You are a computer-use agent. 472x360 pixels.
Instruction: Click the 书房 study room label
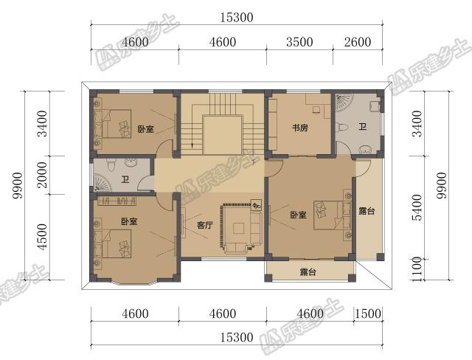pos(300,128)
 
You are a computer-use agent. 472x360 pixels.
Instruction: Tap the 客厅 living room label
pos(205,225)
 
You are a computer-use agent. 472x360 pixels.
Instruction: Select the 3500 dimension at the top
pos(299,42)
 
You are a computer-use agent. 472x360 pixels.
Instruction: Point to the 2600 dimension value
pos(358,42)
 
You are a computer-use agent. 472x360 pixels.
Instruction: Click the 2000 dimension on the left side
pos(44,175)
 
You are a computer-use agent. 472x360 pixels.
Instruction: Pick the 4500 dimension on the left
pos(44,237)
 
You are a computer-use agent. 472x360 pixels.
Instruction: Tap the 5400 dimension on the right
pos(417,207)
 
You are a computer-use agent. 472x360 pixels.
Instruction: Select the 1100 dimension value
pos(417,269)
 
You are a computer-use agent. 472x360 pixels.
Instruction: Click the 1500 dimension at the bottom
pos(368,314)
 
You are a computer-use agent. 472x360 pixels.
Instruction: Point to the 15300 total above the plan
pos(237,18)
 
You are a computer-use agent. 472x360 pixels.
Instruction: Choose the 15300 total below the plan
pos(237,337)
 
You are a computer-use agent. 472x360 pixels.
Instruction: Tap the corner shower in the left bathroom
pos(103,183)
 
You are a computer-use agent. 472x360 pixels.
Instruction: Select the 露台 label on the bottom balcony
pos(308,272)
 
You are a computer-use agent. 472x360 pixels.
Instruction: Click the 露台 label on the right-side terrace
pos(367,211)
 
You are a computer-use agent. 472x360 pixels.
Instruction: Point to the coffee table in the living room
pos(238,228)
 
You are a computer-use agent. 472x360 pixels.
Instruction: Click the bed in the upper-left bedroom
pos(113,124)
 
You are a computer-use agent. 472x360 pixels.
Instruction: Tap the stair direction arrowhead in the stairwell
pos(192,145)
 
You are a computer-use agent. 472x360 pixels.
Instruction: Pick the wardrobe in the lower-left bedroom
pos(117,201)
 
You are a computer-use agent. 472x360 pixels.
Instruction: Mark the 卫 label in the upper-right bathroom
pos(362,126)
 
